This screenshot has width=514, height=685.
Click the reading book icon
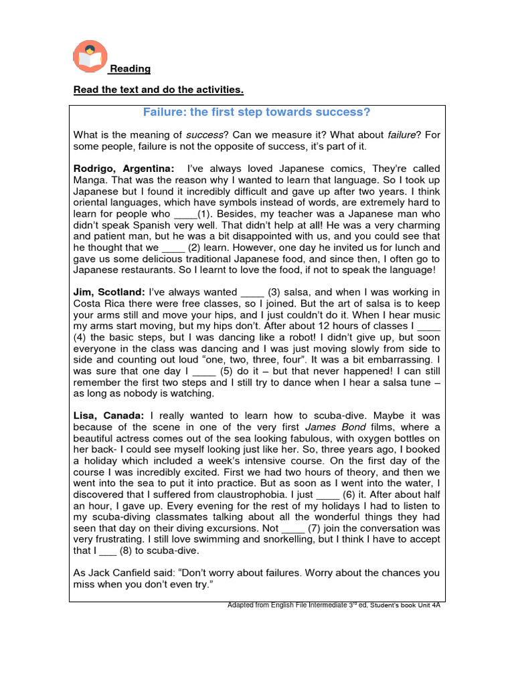[x=89, y=57]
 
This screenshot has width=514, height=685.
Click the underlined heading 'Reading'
[x=130, y=69]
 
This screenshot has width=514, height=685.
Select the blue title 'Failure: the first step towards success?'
[x=257, y=112]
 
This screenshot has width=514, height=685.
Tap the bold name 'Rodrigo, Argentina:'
[x=123, y=169]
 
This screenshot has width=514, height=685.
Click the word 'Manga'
[x=89, y=180]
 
